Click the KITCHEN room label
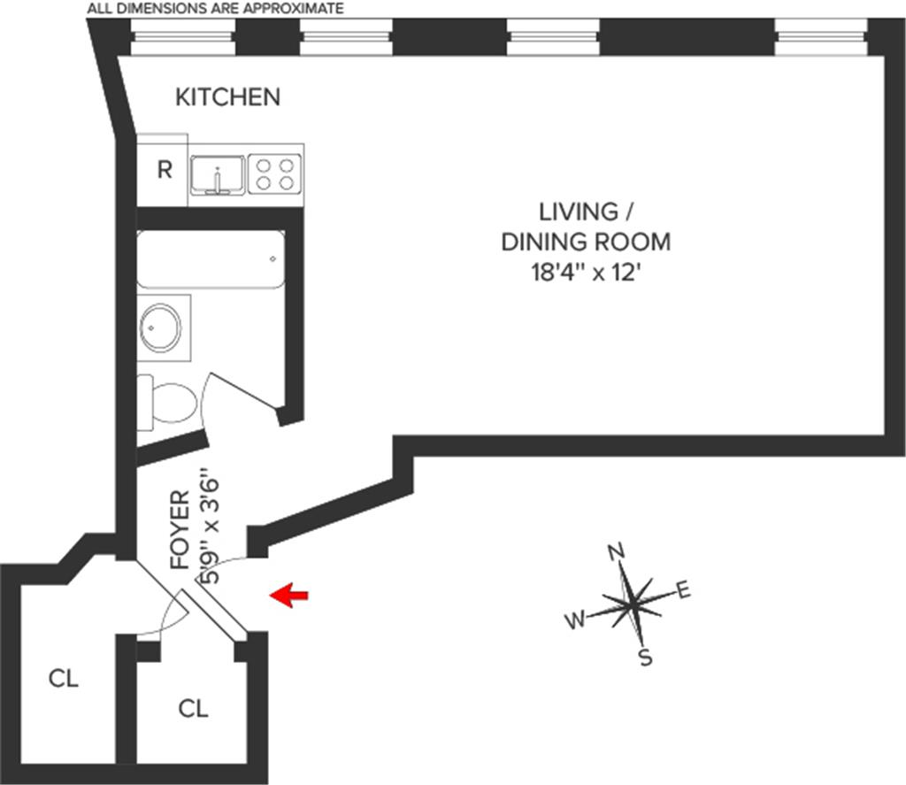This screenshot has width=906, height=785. pyautogui.click(x=227, y=96)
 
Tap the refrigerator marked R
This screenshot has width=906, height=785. pyautogui.click(x=164, y=170)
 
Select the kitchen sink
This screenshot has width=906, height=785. pyautogui.click(x=218, y=173)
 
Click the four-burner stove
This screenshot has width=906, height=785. pyautogui.click(x=273, y=173)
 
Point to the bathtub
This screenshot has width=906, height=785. pyautogui.click(x=211, y=258)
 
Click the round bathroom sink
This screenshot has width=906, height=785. pyautogui.click(x=161, y=327)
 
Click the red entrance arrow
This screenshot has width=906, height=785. pyautogui.click(x=288, y=596)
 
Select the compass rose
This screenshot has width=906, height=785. pyautogui.click(x=631, y=604)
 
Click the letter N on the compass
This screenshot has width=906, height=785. pyautogui.click(x=617, y=553)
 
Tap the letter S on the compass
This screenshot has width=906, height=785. pyautogui.click(x=645, y=658)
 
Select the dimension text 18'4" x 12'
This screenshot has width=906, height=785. pyautogui.click(x=585, y=271)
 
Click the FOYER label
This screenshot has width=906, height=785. pyautogui.click(x=180, y=528)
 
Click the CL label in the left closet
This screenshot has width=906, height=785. pyautogui.click(x=64, y=679)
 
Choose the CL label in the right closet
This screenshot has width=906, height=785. pyautogui.click(x=193, y=708)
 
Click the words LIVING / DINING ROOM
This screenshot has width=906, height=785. pyautogui.click(x=585, y=227)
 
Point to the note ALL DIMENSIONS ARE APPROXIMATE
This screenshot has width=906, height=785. pyautogui.click(x=214, y=9)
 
